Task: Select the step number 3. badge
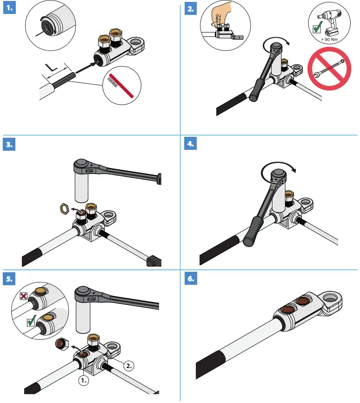pyautogui.click(x=10, y=144)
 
